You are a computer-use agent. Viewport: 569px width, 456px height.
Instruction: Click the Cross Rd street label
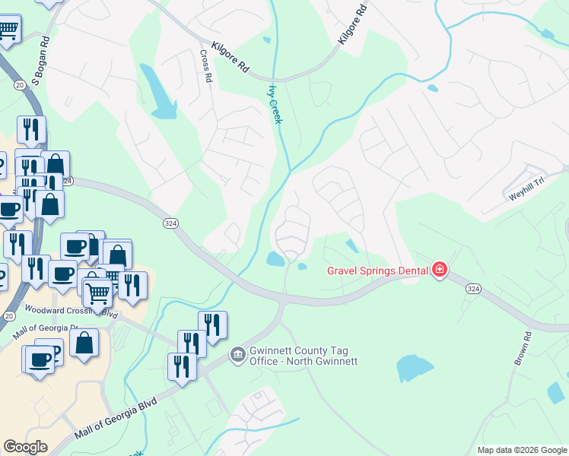point(205,66)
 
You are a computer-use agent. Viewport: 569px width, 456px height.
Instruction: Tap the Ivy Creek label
point(275,103)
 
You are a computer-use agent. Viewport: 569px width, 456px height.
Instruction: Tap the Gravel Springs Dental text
point(377,270)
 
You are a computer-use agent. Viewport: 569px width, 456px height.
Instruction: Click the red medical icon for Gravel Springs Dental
point(439,269)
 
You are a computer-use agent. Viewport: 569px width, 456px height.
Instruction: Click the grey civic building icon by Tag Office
point(238,355)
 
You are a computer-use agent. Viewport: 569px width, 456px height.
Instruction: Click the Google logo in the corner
point(25,447)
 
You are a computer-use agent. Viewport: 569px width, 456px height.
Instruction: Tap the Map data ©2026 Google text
point(522,450)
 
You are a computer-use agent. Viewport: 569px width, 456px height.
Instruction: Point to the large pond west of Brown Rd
point(415,369)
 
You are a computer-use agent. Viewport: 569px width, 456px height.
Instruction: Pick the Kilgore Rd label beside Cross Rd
point(231,56)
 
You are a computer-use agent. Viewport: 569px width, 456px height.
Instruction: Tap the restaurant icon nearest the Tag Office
point(192,344)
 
